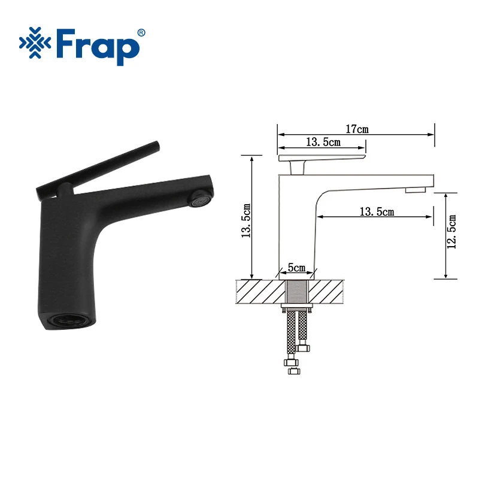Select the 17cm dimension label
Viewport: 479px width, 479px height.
click(x=357, y=129)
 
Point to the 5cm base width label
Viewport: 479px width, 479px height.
click(x=298, y=267)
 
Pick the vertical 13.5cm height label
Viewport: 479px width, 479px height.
click(x=246, y=220)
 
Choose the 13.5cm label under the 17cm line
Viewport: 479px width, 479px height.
click(x=323, y=142)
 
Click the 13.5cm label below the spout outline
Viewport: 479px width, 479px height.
click(x=377, y=212)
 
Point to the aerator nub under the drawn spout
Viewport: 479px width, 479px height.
click(x=414, y=190)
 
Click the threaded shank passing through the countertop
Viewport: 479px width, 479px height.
click(x=297, y=292)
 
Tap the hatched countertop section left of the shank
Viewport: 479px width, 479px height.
click(x=259, y=292)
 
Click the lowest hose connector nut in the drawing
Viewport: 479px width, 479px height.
click(x=293, y=369)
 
